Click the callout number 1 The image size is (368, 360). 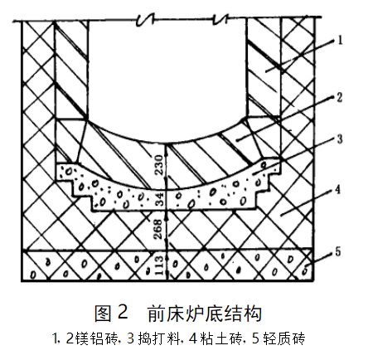click(x=341, y=40)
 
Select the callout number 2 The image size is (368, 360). click(x=340, y=97)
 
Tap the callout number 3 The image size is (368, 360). click(x=340, y=139)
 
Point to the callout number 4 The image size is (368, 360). click(x=337, y=190)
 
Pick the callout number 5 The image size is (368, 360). click(x=338, y=251)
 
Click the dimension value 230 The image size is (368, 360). click(x=159, y=165)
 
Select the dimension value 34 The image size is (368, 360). click(x=159, y=200)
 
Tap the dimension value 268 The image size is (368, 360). click(x=157, y=229)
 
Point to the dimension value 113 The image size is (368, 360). click(x=159, y=265)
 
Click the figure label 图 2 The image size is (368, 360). click(x=111, y=313)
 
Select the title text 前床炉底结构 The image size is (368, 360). click(x=204, y=314)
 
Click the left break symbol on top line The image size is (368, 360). click(x=146, y=20)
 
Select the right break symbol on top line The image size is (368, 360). click(x=221, y=19)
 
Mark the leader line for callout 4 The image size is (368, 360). click(x=307, y=202)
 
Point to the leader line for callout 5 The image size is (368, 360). click(x=320, y=260)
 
